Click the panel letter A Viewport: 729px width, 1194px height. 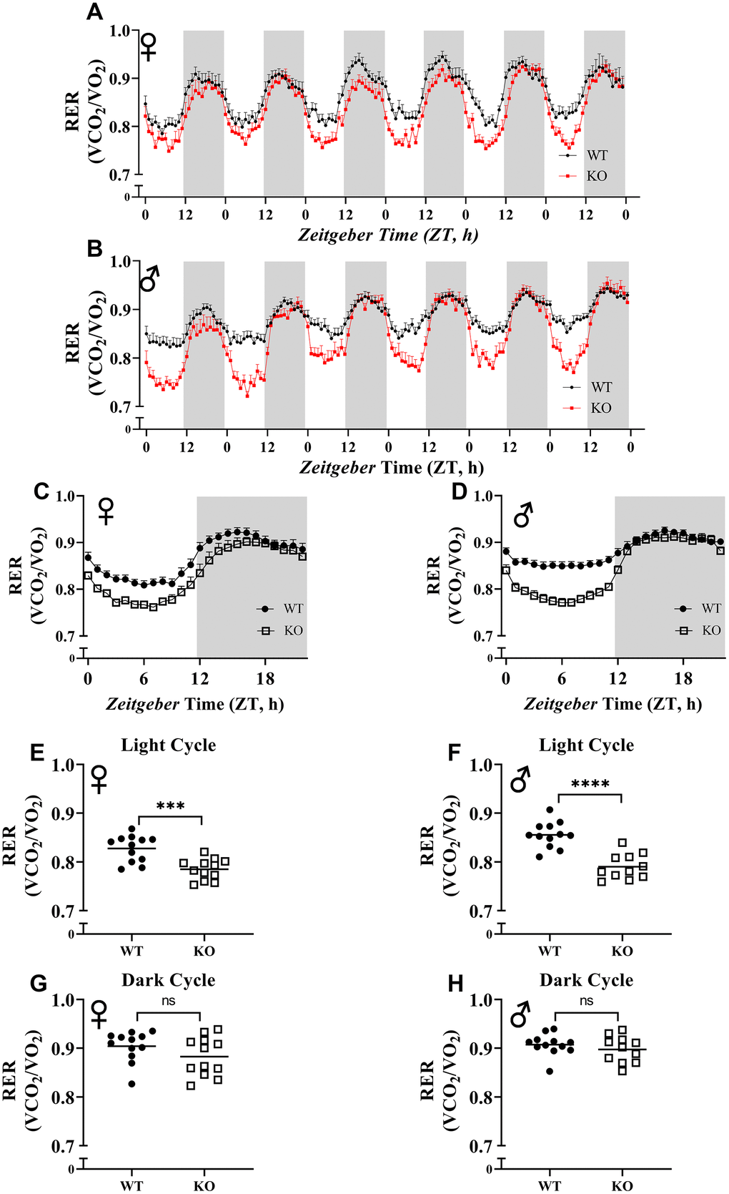[94, 12]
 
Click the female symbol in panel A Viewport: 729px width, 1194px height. [148, 47]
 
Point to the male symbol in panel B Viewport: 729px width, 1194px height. [149, 279]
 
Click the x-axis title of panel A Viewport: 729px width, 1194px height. [387, 235]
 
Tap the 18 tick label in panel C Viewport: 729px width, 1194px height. [265, 678]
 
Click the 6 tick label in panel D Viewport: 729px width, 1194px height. [562, 678]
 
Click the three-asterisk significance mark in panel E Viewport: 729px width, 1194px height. [170, 806]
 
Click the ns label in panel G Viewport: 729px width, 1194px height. [168, 1002]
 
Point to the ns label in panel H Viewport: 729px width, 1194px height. [586, 1001]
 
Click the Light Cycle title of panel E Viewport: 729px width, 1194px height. [168, 745]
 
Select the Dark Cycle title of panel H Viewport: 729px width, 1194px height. [586, 980]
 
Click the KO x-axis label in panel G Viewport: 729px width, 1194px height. [204, 1185]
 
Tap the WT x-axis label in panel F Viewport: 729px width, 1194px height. [550, 951]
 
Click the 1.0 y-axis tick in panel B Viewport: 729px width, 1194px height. [121, 262]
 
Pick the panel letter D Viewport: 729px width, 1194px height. [460, 491]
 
